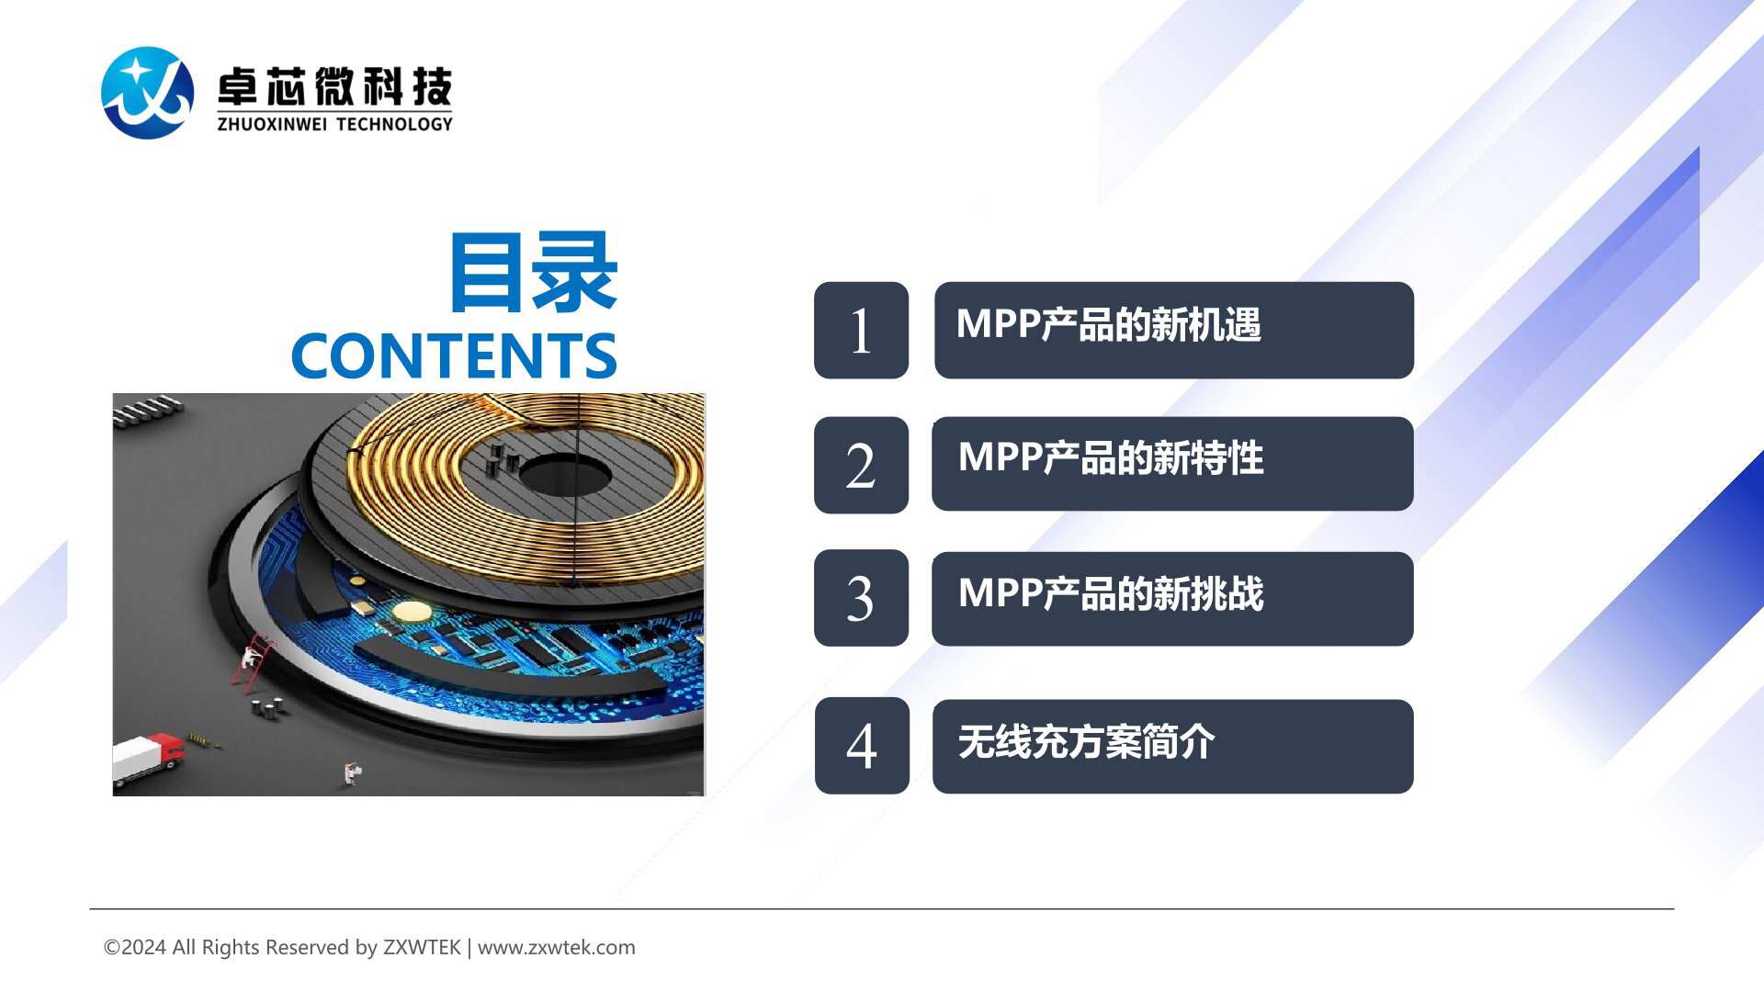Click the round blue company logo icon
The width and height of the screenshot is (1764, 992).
pyautogui.click(x=147, y=93)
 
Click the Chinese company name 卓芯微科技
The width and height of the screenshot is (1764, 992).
pyautogui.click(x=334, y=87)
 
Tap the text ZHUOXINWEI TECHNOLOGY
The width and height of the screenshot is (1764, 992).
pyautogui.click(x=334, y=124)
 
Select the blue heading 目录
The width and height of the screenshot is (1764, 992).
pyautogui.click(x=533, y=272)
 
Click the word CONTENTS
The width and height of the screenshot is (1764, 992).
pyautogui.click(x=454, y=356)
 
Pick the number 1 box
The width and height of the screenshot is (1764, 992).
pyautogui.click(x=861, y=330)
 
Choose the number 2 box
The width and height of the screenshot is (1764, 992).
pyautogui.click(x=861, y=465)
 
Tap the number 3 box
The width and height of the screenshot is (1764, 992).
pyautogui.click(x=861, y=598)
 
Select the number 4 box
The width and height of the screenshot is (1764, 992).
pyautogui.click(x=862, y=746)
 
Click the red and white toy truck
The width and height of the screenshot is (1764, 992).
pyautogui.click(x=147, y=758)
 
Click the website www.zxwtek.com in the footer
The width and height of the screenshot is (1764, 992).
pyautogui.click(x=557, y=947)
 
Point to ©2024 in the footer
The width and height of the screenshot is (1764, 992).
pyautogui.click(x=135, y=947)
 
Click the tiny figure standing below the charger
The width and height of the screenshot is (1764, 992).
pyautogui.click(x=352, y=773)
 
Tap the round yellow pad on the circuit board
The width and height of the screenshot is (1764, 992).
pyautogui.click(x=412, y=612)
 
